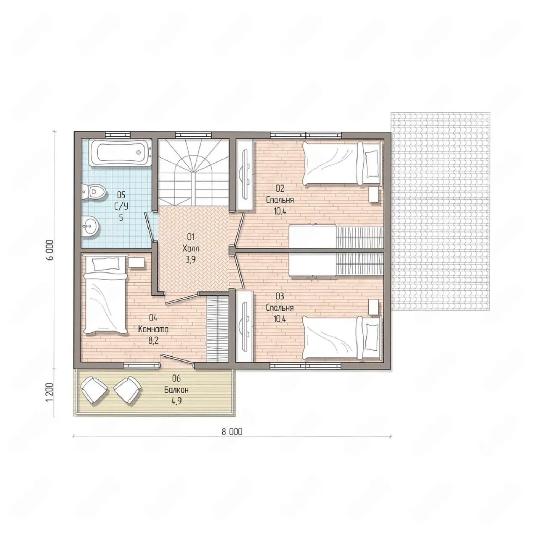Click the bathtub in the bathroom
[x=120, y=152]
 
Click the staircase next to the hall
[x=194, y=172]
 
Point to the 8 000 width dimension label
[x=232, y=432]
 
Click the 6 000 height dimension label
[x=50, y=250]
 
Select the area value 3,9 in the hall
[x=191, y=260]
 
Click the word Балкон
[x=176, y=390]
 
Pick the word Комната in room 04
[x=153, y=329]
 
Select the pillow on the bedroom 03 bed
[x=371, y=337]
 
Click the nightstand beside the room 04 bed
[x=136, y=262]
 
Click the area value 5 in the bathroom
[x=121, y=218]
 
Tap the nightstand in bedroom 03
[x=373, y=307]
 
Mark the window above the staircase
[x=193, y=135]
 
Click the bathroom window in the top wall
[x=118, y=135]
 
